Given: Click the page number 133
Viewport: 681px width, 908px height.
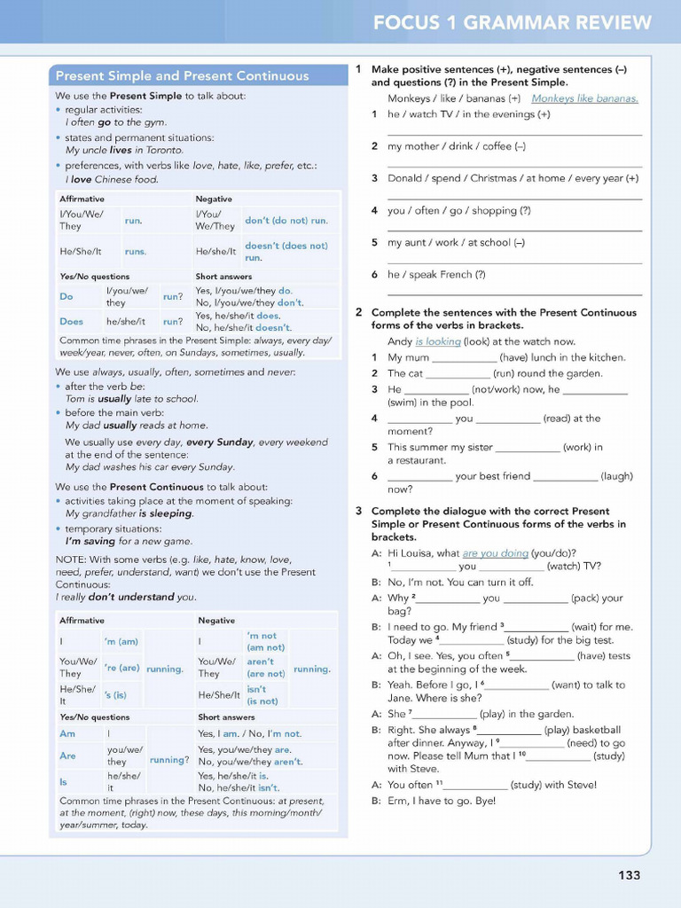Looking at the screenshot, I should [629, 875].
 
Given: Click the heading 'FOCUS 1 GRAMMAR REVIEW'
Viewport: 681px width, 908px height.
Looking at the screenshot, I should [512, 23].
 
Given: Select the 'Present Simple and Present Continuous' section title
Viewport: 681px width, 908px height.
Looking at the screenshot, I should [182, 75].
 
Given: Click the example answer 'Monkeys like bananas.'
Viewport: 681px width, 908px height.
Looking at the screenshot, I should [584, 98].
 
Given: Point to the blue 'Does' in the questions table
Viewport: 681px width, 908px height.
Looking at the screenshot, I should [71, 321].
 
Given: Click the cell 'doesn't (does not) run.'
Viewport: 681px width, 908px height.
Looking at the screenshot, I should [286, 251].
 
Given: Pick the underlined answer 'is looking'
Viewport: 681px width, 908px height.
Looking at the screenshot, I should [437, 341].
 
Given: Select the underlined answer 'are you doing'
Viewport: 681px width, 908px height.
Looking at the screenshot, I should [495, 553].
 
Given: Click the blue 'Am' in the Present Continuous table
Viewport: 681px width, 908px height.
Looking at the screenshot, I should [67, 733].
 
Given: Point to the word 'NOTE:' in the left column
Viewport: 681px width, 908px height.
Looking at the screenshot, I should [70, 560].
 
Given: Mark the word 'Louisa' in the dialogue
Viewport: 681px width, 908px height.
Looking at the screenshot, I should [420, 553].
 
